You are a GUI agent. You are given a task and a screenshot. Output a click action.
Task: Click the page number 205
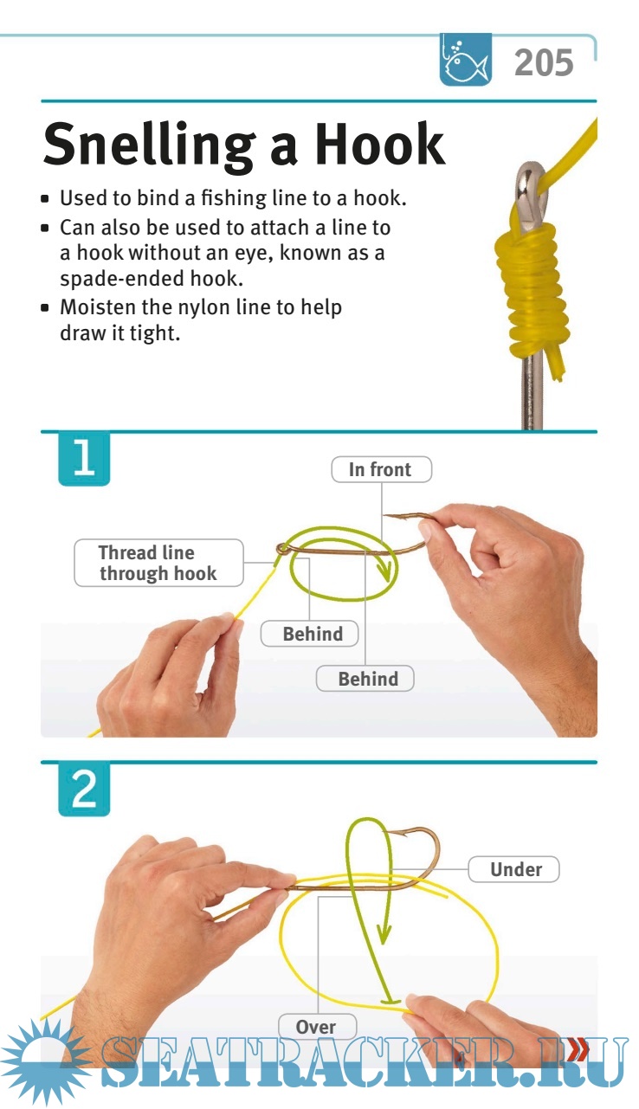(x=544, y=63)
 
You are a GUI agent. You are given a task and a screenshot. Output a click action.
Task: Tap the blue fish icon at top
(x=465, y=60)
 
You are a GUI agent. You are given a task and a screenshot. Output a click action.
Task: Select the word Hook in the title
(x=379, y=144)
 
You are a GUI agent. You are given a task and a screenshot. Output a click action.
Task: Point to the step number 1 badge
(x=84, y=459)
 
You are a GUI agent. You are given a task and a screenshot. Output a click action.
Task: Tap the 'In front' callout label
(x=381, y=469)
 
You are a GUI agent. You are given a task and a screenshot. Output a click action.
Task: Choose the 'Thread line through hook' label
(x=158, y=563)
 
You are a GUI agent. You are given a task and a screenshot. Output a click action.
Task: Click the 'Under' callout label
(x=513, y=869)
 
